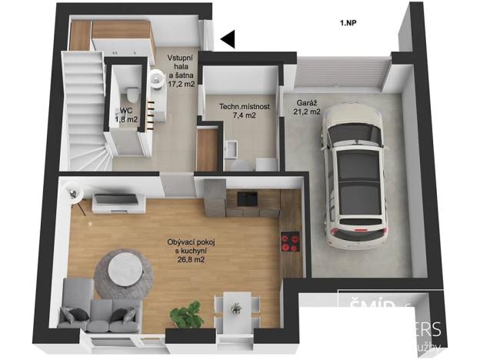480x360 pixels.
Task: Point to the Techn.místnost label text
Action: point(245,107)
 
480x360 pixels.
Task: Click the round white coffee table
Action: point(124,270)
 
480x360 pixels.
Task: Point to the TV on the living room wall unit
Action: point(115,199)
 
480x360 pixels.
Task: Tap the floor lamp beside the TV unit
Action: point(74,190)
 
